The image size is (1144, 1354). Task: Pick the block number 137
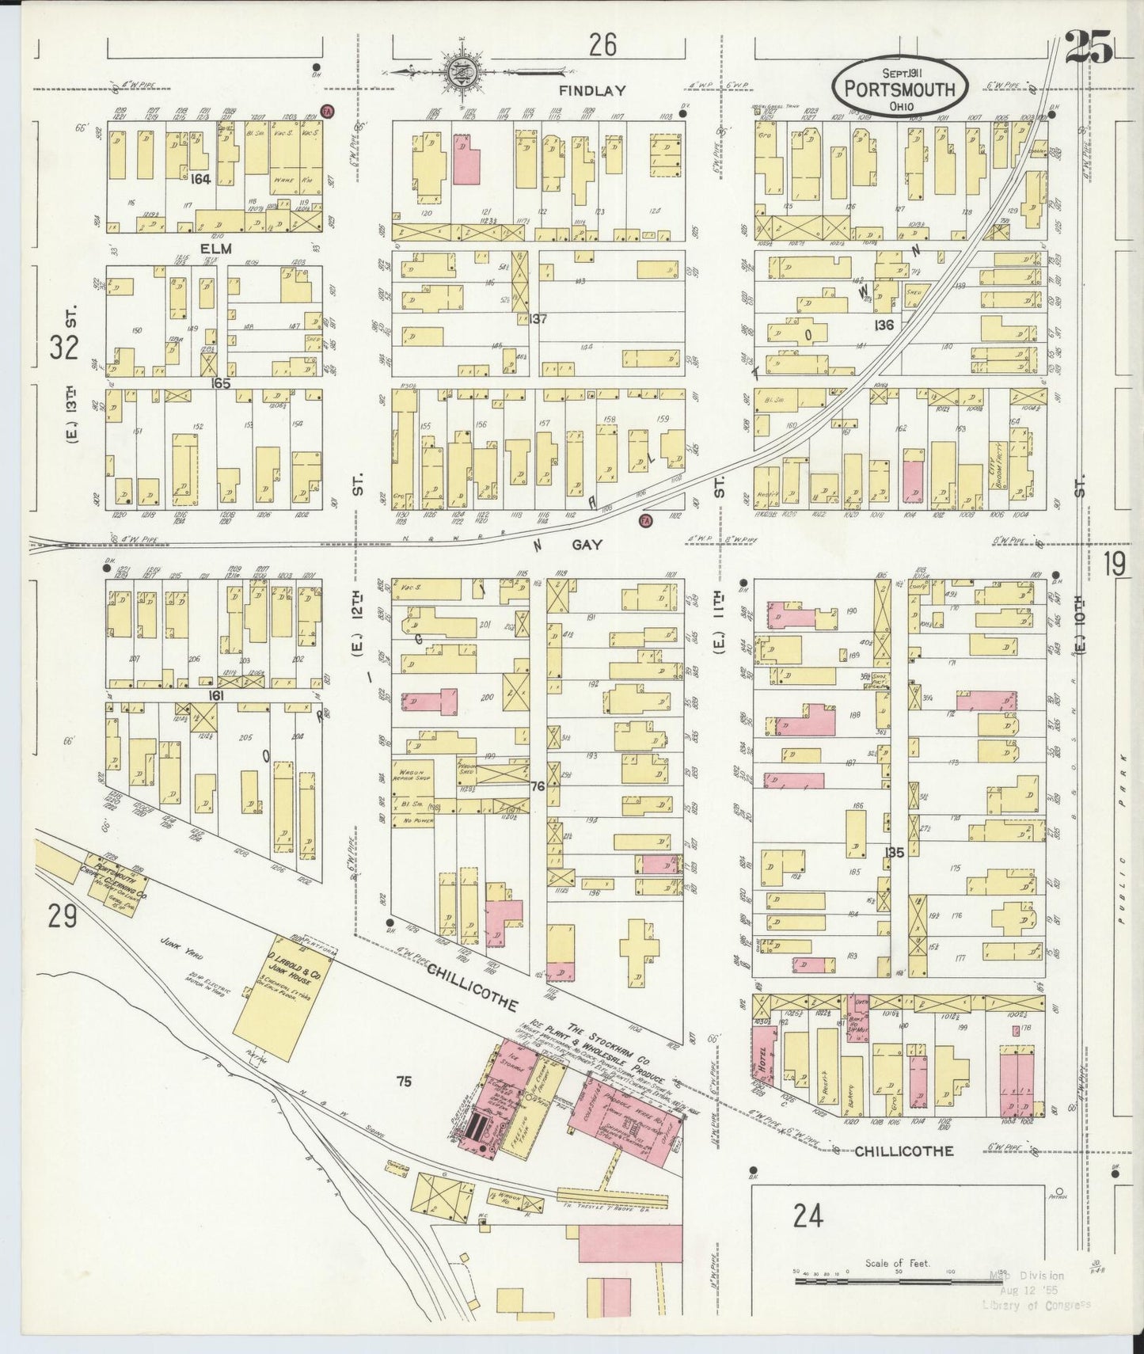538,319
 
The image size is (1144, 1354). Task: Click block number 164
200,180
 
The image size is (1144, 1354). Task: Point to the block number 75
404,1082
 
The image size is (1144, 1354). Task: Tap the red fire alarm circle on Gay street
644,520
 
